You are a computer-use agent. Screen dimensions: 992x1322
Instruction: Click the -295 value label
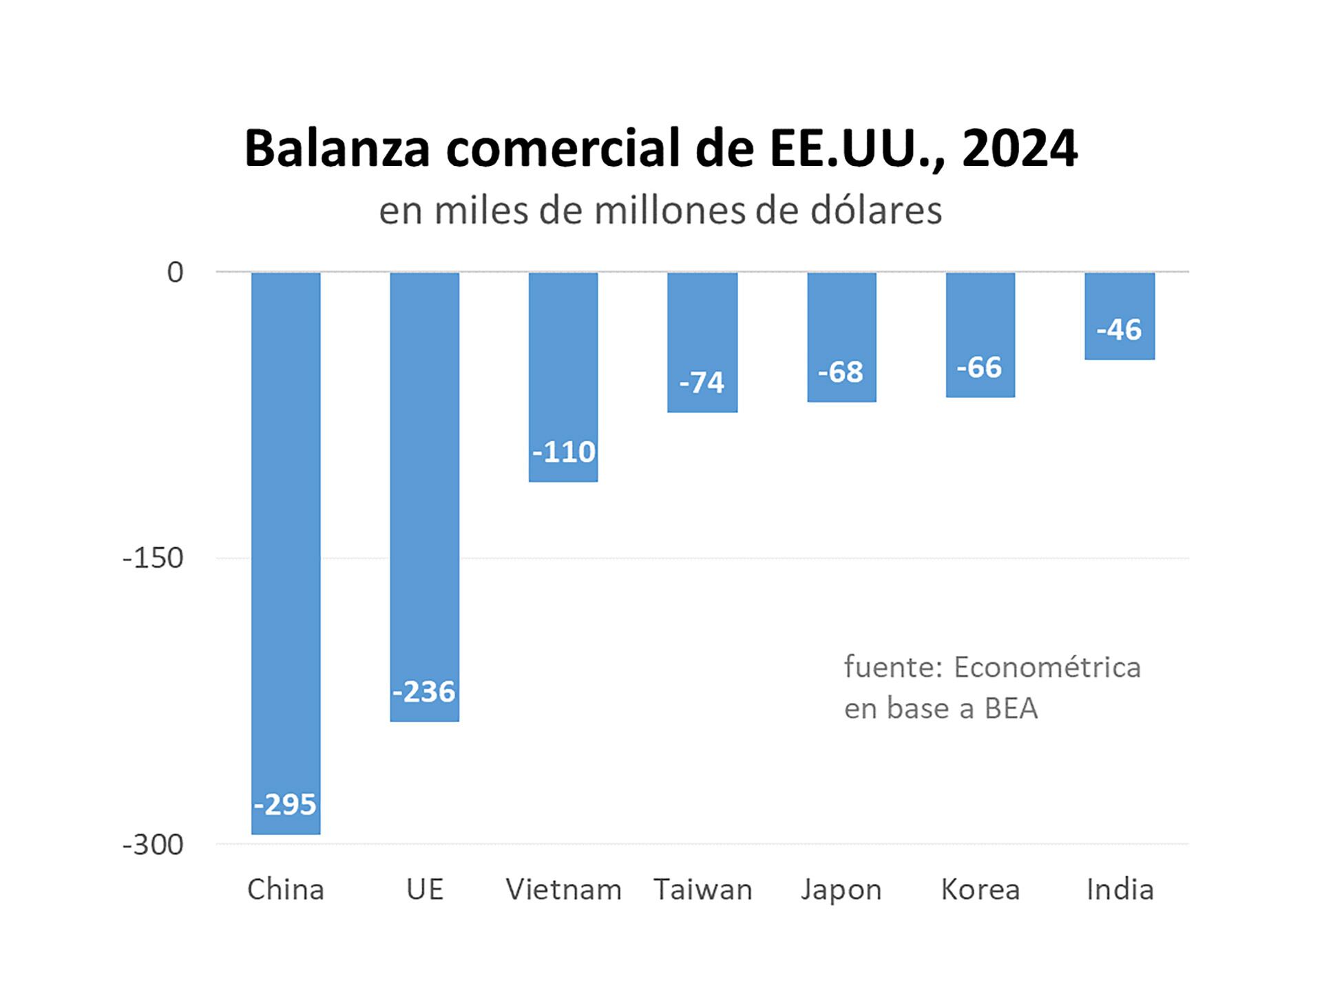coord(285,804)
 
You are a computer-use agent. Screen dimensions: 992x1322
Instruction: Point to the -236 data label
coord(424,692)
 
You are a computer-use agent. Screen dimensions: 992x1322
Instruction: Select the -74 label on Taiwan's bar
coord(702,383)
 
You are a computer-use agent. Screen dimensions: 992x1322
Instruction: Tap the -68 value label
coord(841,372)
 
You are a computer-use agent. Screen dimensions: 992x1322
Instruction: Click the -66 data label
coord(979,368)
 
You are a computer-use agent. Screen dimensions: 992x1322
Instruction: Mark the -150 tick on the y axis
coord(153,558)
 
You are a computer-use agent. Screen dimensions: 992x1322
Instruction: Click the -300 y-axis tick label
coord(153,845)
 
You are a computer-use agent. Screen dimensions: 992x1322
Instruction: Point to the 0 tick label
coord(175,273)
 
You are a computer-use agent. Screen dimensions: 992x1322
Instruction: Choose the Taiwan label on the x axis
coord(702,889)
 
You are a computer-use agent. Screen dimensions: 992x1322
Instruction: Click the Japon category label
coord(841,889)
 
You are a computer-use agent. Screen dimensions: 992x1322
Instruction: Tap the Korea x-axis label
coord(980,889)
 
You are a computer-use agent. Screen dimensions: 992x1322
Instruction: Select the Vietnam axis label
coord(563,889)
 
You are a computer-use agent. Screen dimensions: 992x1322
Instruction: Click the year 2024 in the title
coord(1019,148)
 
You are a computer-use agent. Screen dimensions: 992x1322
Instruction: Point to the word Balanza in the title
coord(337,148)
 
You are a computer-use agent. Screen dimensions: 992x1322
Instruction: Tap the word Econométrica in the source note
coord(1047,667)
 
